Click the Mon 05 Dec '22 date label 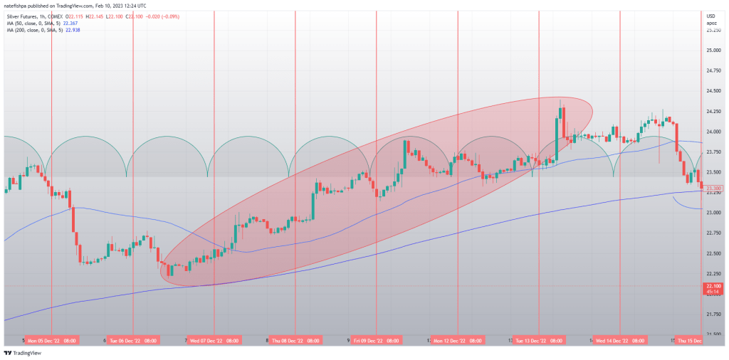[52, 341]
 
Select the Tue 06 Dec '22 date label [132, 341]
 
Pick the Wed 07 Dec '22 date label [214, 341]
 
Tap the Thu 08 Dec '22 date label [295, 341]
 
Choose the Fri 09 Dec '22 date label [376, 341]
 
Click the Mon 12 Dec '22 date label [457, 341]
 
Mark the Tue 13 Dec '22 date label [538, 341]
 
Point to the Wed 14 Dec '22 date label [619, 341]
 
